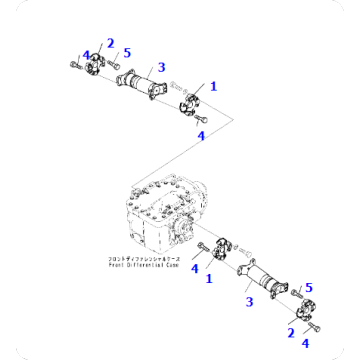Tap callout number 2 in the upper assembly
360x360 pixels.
pos(110,44)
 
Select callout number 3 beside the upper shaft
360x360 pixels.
pos(160,66)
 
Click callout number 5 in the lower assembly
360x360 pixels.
pos(308,287)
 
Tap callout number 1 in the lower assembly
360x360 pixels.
pos(209,279)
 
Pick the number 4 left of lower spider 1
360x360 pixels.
pos(194,268)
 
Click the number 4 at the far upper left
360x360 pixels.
pos(87,55)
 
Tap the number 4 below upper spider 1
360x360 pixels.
pos(201,134)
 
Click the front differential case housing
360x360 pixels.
pos(160,215)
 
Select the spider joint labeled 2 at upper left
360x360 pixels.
pos(95,69)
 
